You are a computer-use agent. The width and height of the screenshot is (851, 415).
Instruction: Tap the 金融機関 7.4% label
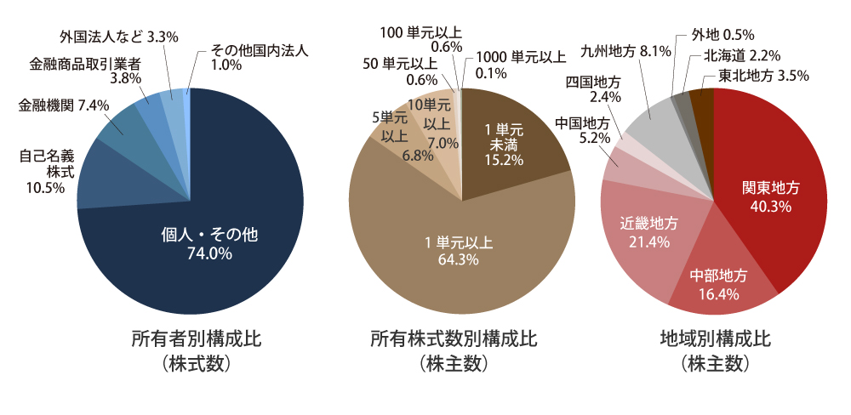pos(53,105)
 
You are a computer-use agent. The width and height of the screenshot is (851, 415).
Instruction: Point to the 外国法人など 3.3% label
pos(119,37)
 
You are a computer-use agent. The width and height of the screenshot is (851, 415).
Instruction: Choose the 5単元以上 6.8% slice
pos(395,137)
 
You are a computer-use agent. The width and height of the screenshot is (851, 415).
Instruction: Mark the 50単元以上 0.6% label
pos(400,71)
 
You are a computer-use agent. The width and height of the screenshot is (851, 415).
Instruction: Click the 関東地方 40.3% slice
pos(771,196)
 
